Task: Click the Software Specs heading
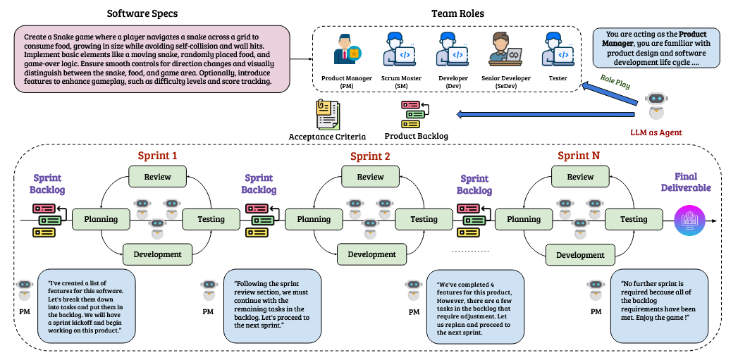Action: click(142, 13)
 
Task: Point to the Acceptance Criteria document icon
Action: click(327, 114)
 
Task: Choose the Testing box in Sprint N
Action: click(633, 219)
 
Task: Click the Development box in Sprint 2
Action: click(371, 254)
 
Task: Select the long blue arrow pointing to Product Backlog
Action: click(547, 113)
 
